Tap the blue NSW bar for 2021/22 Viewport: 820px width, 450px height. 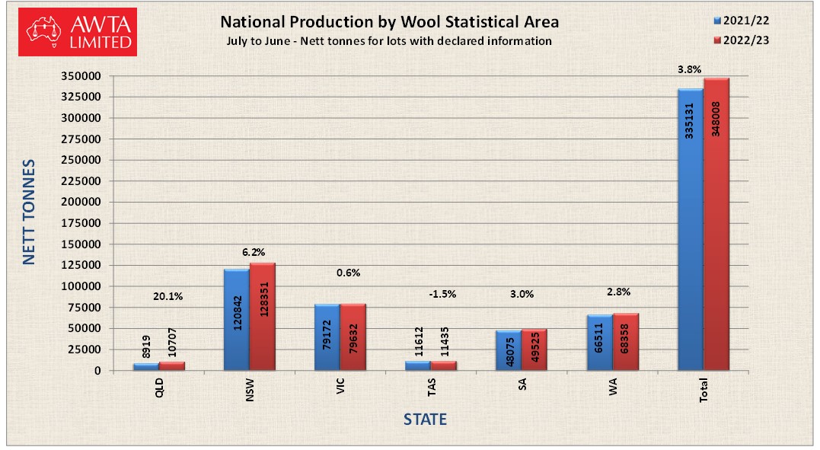(236, 320)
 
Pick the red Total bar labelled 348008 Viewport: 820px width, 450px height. (716, 225)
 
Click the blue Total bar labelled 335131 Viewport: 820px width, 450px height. (691, 229)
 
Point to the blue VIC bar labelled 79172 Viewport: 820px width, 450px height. (327, 337)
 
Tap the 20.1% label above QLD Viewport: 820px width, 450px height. (168, 297)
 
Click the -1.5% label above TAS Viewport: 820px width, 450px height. (442, 294)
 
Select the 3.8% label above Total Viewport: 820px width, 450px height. (689, 69)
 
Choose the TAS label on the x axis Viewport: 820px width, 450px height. (431, 388)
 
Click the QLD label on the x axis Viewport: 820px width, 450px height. (159, 388)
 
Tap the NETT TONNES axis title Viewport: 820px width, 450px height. (29, 212)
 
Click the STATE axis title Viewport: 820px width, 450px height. (425, 420)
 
